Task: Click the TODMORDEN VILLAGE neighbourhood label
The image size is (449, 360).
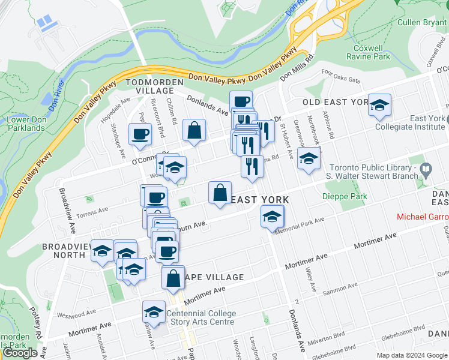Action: click(x=149, y=85)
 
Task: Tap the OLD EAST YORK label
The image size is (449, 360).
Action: click(x=334, y=102)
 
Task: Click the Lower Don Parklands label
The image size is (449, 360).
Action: click(x=26, y=124)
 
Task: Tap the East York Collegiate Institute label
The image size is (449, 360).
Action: click(x=410, y=122)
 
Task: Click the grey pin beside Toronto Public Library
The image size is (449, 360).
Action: click(x=426, y=170)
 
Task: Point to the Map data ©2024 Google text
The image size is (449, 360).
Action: click(x=411, y=355)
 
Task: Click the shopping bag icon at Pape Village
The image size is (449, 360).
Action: click(x=173, y=278)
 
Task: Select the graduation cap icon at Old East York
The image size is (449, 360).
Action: click(x=379, y=106)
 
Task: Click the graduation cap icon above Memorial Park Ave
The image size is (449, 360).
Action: click(x=272, y=216)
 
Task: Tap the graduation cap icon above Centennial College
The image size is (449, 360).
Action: click(x=154, y=312)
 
